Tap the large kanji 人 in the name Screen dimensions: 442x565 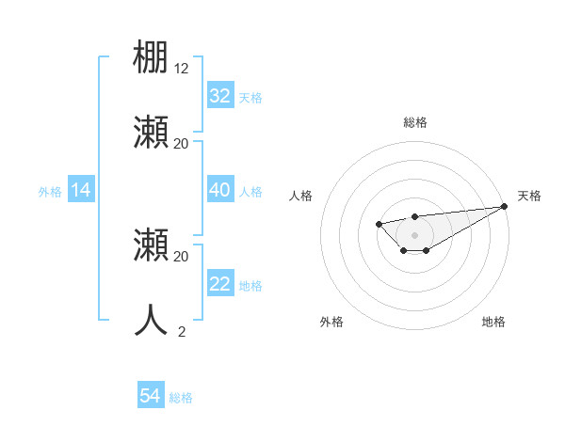[151, 320]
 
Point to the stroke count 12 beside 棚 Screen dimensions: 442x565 [182, 68]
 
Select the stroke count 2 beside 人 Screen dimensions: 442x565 [182, 331]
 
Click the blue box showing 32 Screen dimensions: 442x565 [219, 96]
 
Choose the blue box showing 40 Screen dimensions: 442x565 [219, 191]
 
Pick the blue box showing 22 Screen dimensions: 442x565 [219, 285]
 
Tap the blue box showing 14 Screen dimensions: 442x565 [81, 191]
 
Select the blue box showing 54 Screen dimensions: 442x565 [151, 397]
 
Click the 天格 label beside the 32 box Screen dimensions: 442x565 [250, 97]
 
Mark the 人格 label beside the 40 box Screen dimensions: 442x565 [250, 192]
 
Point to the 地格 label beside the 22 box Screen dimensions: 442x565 [250, 286]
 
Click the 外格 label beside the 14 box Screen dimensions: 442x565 [50, 192]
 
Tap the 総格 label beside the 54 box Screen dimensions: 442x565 [181, 398]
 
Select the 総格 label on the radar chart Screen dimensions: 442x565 [414, 122]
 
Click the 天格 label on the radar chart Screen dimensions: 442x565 [529, 196]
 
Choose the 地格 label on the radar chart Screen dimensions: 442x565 [493, 322]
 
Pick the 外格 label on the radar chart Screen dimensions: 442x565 [331, 322]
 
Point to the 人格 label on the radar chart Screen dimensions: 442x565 [300, 196]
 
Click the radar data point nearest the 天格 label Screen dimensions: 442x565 [504, 206]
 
